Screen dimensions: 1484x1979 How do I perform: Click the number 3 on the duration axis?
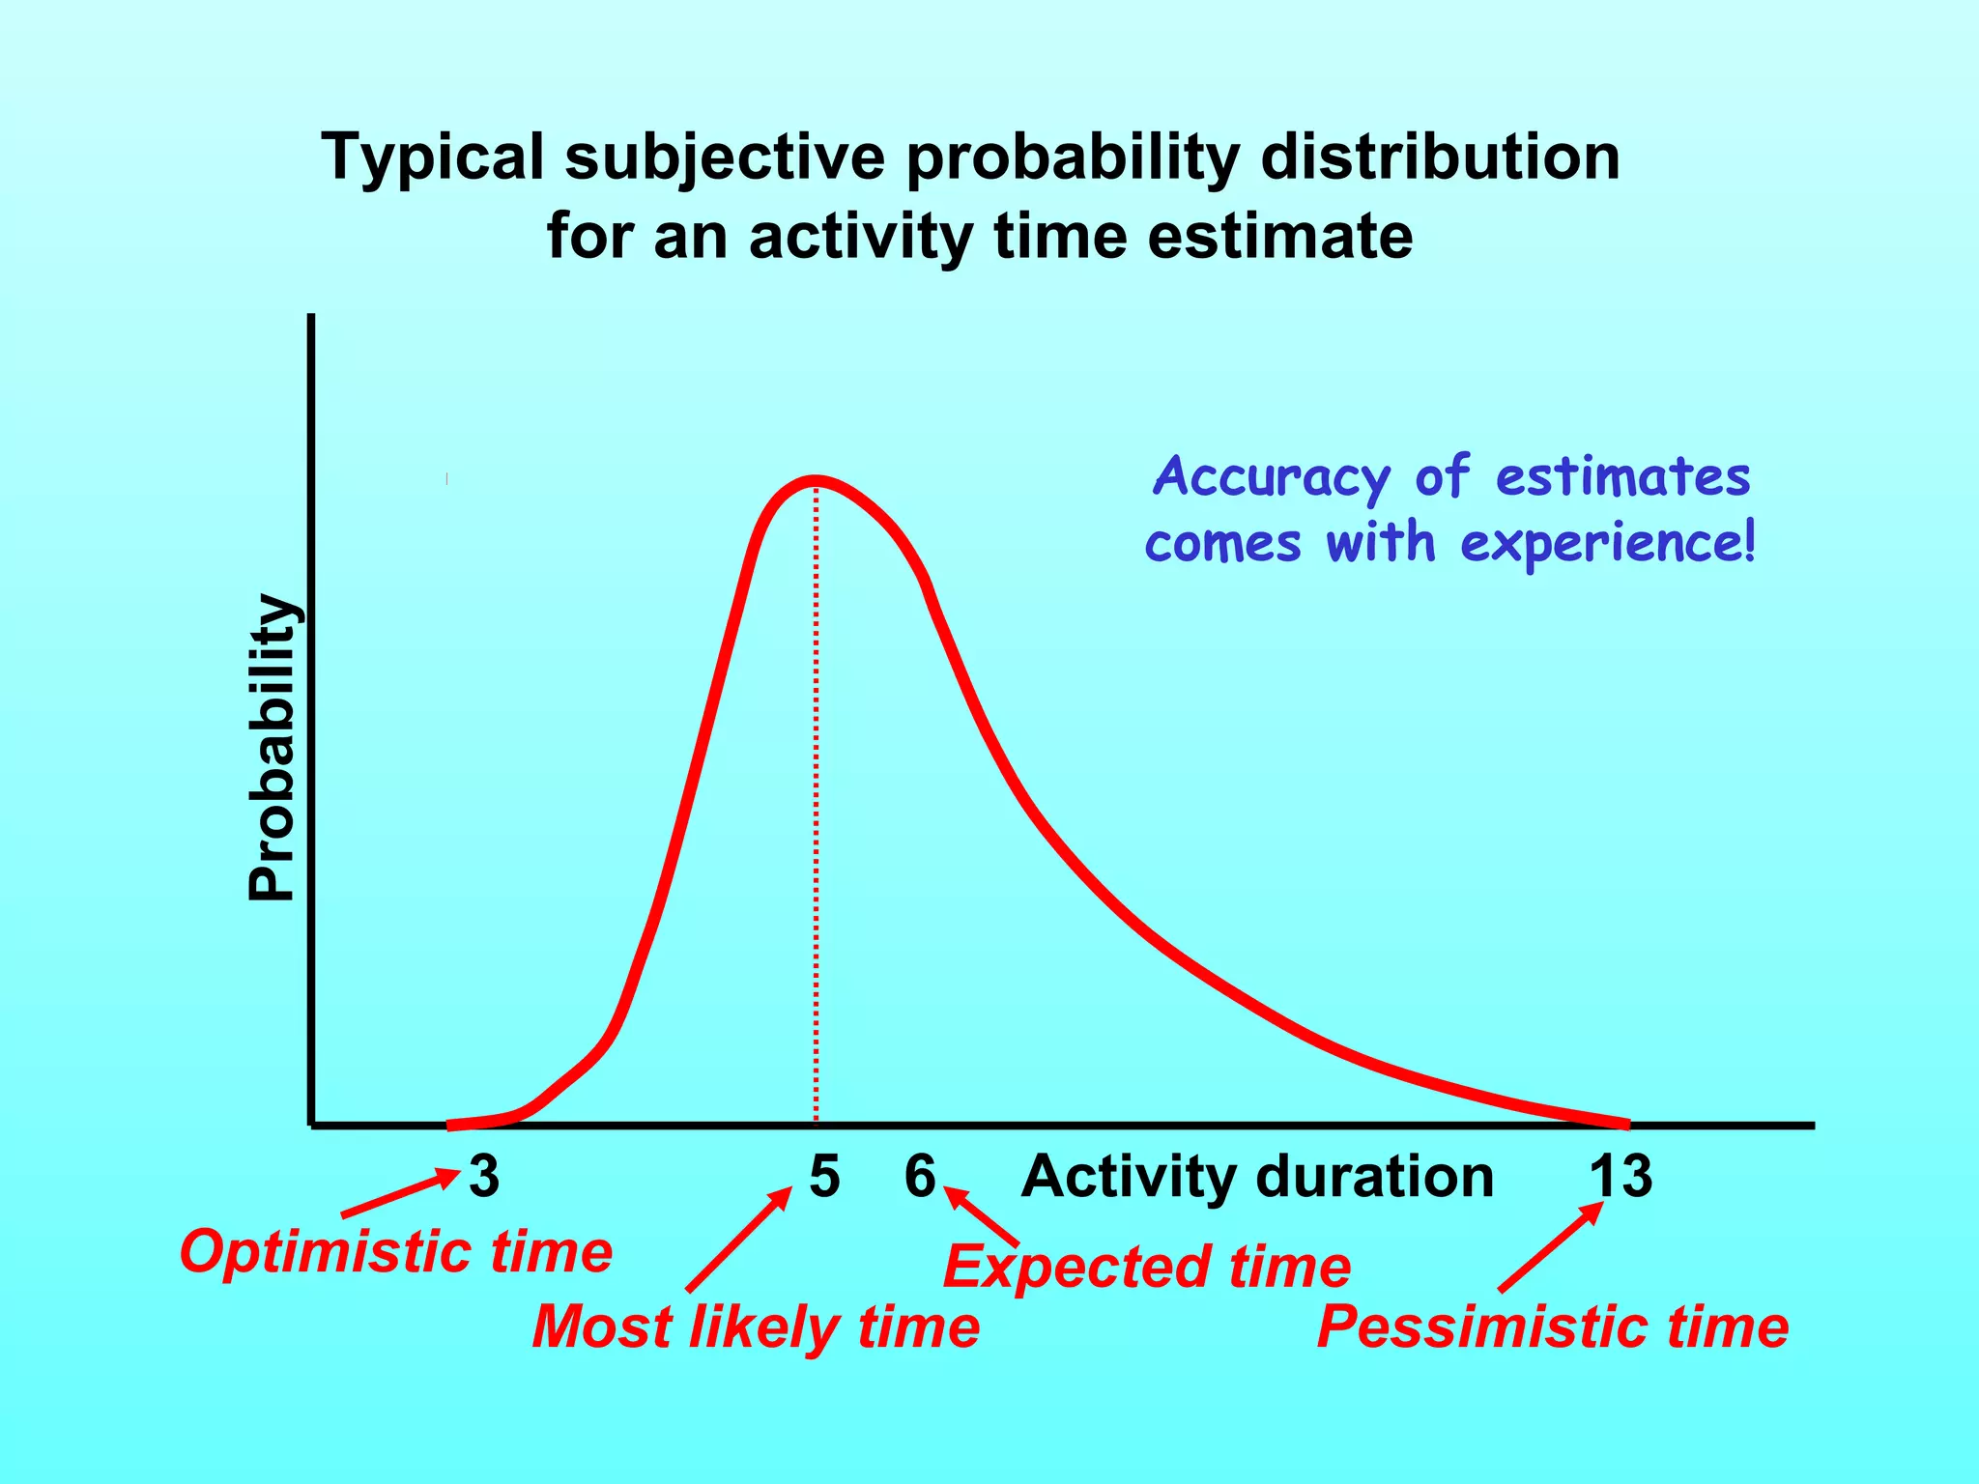click(x=484, y=1177)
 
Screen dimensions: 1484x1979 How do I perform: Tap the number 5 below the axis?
click(x=824, y=1177)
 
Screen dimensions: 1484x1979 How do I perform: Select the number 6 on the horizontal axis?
click(x=920, y=1177)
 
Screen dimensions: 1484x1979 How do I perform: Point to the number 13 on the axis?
click(x=1620, y=1177)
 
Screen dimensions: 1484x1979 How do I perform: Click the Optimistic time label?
click(x=396, y=1252)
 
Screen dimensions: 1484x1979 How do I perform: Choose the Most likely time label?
click(x=756, y=1327)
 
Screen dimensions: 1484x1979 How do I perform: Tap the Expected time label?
click(x=1147, y=1267)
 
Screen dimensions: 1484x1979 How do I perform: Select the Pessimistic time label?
click(x=1553, y=1327)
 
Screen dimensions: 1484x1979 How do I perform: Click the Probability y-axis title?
click(x=272, y=749)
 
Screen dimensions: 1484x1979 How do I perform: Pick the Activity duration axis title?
click(x=1257, y=1177)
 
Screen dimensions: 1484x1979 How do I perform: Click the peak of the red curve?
click(x=817, y=480)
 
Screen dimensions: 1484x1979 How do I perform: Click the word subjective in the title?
click(x=725, y=157)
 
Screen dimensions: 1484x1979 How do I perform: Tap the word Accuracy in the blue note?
click(x=1272, y=477)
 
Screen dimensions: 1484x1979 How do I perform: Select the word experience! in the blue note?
click(x=1608, y=543)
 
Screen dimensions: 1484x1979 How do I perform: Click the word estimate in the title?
click(x=1279, y=236)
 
